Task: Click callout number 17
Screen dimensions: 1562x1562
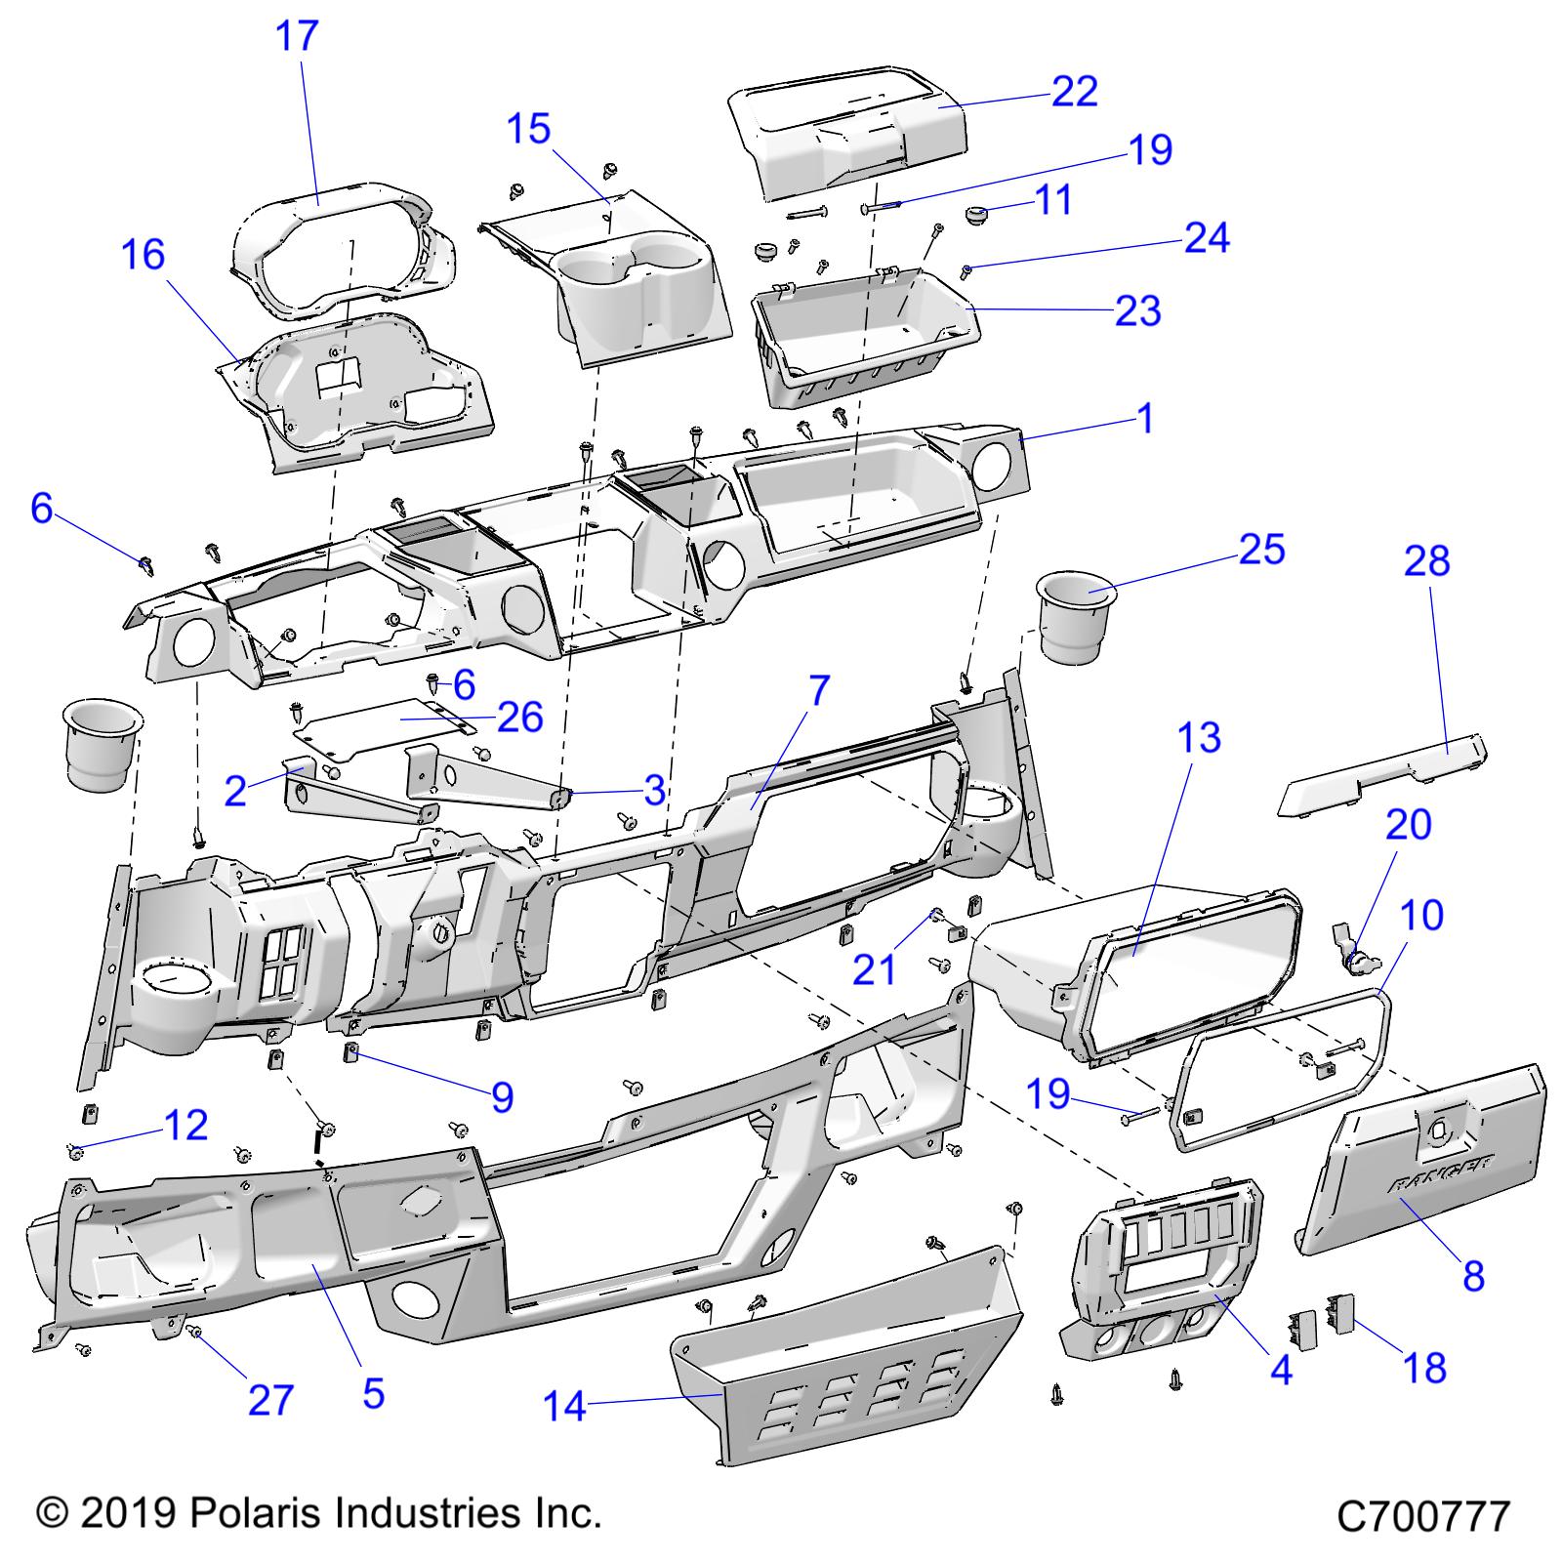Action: (297, 36)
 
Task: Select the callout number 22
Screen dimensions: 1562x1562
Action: (1075, 92)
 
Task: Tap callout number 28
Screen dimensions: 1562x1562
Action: (1427, 561)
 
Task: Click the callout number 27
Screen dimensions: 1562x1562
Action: (270, 1399)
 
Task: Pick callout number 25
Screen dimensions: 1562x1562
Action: (1261, 550)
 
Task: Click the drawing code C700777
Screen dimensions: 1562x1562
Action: (1423, 1517)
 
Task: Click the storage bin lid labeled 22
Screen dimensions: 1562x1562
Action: (849, 137)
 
